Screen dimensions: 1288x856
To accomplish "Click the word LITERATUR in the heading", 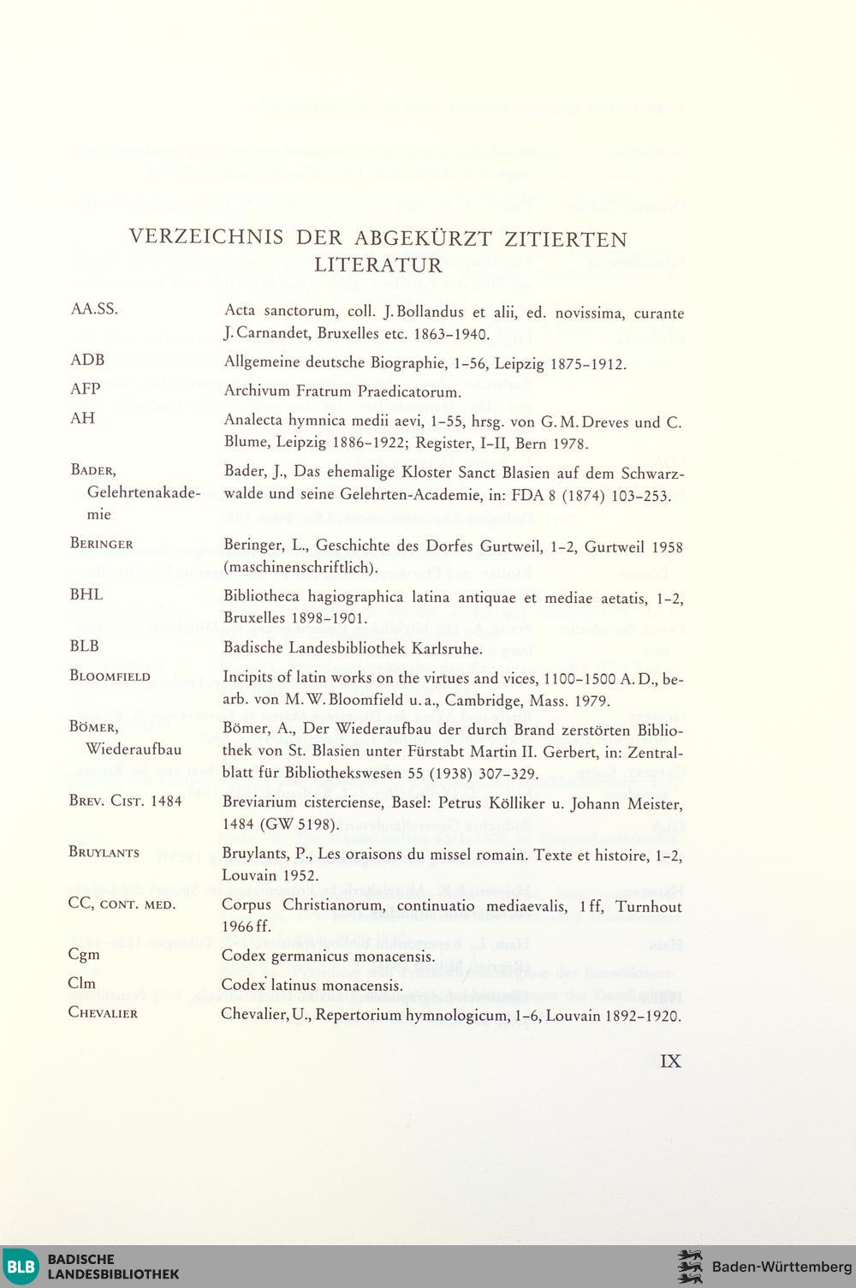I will [x=377, y=265].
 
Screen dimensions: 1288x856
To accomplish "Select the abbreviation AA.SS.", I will [x=94, y=309].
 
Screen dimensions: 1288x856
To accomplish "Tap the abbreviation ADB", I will [x=87, y=360].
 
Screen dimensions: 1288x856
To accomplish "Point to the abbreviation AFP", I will [x=86, y=389].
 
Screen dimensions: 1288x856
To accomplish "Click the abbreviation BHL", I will [x=86, y=594].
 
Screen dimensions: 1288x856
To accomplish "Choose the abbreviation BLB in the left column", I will [x=85, y=646].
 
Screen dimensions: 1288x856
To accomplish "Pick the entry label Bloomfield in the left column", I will [x=110, y=676].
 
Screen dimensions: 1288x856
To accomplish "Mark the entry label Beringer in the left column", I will [x=101, y=544].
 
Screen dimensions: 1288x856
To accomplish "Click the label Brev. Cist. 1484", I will [x=125, y=802].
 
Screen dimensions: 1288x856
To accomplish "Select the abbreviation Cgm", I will [x=84, y=954].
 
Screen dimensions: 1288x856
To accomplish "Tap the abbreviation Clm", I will [x=82, y=983].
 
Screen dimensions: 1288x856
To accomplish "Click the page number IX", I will [x=671, y=1061].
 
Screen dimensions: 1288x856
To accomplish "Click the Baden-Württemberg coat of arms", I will [x=690, y=1267].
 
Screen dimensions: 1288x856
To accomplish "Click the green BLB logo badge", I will [x=21, y=1267].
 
